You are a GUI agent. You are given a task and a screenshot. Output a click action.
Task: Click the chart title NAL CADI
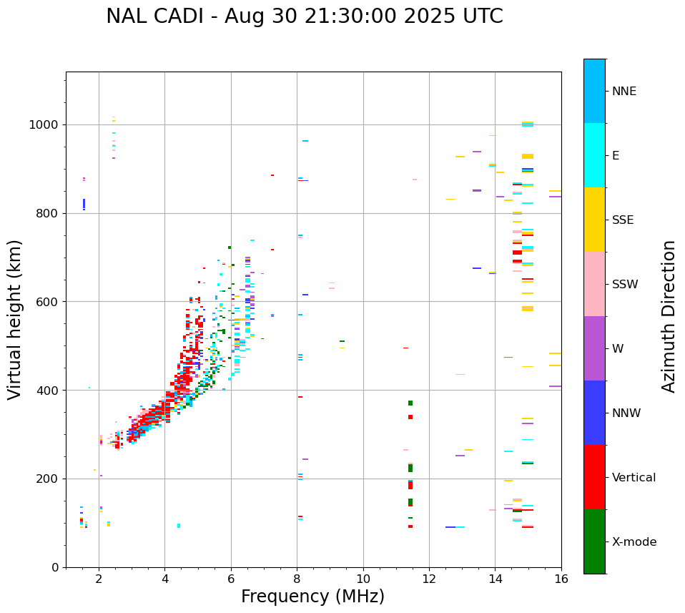(x=304, y=16)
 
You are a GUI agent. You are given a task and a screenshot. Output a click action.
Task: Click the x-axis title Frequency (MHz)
(x=312, y=597)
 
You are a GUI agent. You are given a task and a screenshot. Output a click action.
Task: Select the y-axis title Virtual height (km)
(x=15, y=320)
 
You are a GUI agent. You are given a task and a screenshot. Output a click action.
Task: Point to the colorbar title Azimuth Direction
(x=669, y=315)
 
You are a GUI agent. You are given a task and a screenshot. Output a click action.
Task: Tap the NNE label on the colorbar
(x=624, y=92)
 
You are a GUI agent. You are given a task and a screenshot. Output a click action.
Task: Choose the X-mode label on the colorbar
(x=634, y=542)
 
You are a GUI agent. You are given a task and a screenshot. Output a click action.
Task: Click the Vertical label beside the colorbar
(x=634, y=478)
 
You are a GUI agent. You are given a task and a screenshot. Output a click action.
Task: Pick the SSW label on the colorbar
(x=625, y=285)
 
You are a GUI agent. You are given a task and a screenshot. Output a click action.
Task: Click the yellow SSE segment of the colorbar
(x=594, y=220)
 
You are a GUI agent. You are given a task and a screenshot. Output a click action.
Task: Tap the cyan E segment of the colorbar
(x=594, y=155)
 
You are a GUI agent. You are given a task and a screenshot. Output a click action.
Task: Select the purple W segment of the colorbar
(x=594, y=348)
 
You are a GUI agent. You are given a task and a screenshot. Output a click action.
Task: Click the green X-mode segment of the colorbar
(x=594, y=541)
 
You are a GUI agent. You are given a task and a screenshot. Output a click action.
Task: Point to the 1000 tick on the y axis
(x=46, y=125)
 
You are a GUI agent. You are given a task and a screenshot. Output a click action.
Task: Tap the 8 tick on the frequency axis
(x=297, y=578)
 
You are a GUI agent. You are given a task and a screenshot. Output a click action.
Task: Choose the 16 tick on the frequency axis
(x=561, y=578)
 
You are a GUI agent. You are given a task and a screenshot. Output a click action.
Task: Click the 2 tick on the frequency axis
(x=99, y=578)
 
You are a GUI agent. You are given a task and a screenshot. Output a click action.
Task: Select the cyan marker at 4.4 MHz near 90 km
(x=179, y=526)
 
